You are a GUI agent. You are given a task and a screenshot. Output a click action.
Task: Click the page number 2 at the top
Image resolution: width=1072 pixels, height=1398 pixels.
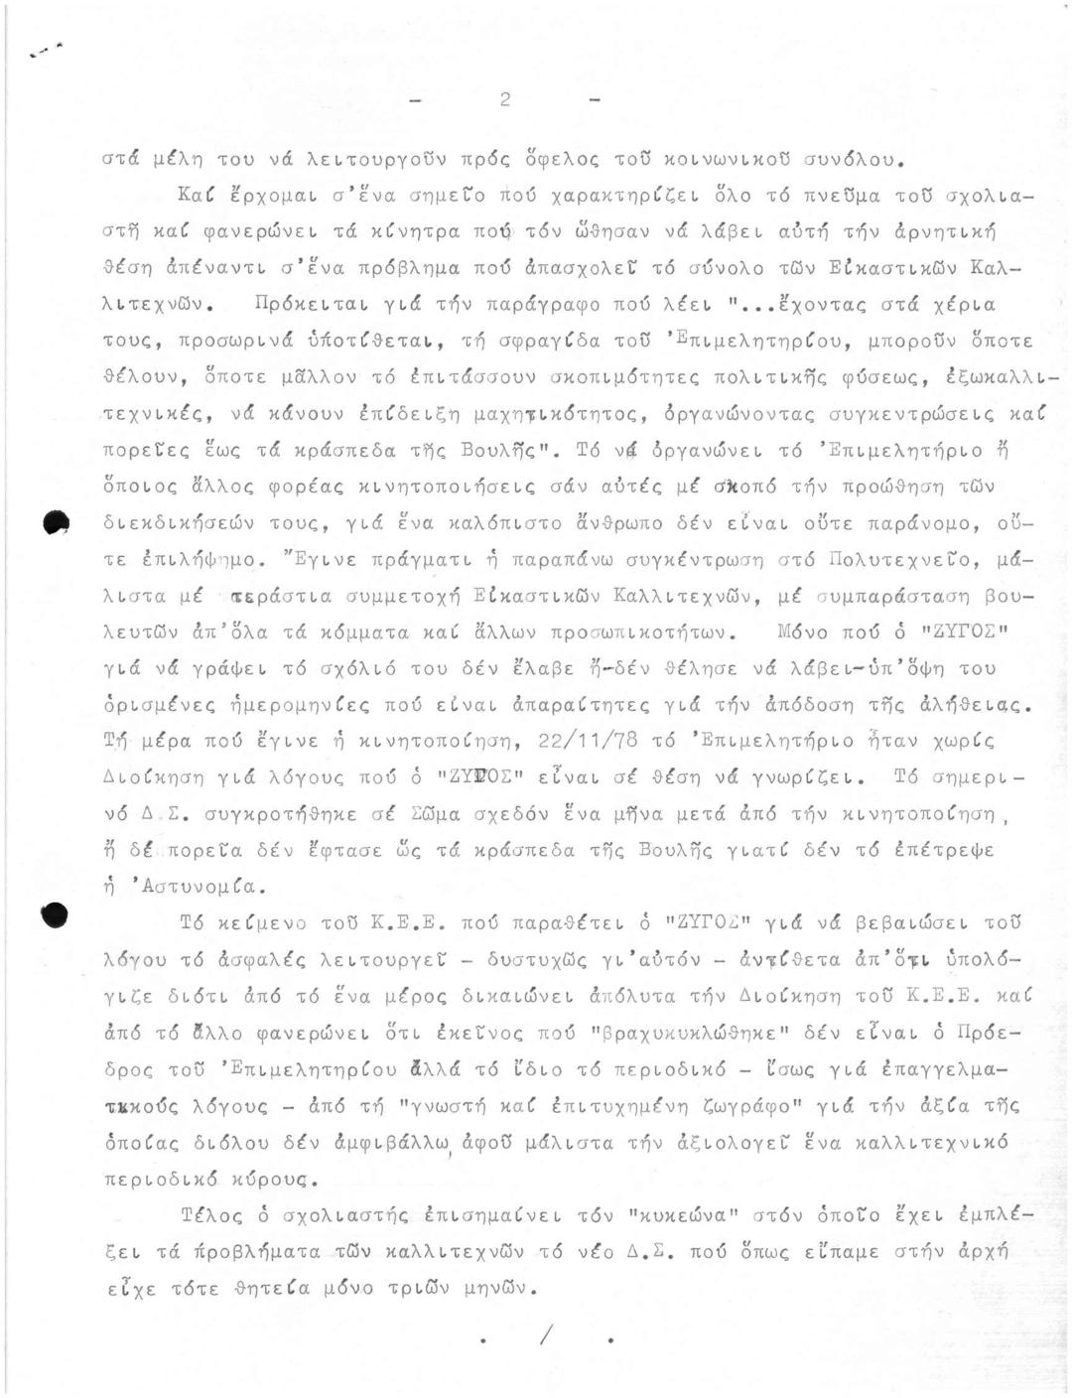[505, 99]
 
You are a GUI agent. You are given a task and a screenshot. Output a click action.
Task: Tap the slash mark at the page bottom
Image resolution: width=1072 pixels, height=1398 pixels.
[545, 1336]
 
